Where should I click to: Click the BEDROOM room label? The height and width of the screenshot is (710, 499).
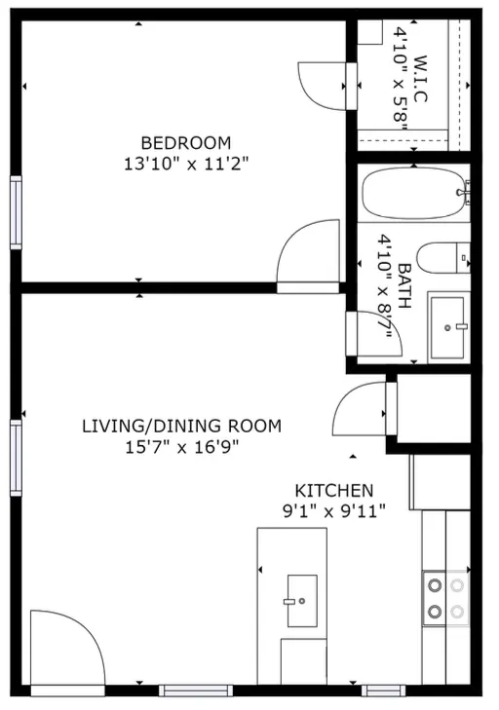coord(186,143)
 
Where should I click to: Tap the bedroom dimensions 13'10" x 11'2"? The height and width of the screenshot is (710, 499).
coord(187,164)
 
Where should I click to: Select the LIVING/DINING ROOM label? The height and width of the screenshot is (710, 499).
coord(181,426)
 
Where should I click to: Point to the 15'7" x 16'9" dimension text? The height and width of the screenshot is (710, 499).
coord(181,448)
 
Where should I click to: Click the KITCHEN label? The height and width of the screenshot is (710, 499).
coord(334,491)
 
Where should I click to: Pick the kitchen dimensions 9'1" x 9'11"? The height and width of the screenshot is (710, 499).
coord(334,511)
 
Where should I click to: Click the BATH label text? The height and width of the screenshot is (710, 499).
coord(404,285)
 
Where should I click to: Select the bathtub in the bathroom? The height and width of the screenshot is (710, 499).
coord(414,193)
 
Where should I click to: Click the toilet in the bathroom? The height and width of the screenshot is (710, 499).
coord(442,258)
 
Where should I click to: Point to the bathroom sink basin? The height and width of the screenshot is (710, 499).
coord(447,327)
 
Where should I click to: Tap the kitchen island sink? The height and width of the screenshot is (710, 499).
coord(302,601)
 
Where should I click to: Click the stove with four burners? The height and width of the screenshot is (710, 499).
coord(446,598)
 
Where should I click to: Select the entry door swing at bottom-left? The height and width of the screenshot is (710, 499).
coord(68,648)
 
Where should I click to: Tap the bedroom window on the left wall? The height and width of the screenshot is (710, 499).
coord(16,212)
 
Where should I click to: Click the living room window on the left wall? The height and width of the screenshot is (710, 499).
coord(16,458)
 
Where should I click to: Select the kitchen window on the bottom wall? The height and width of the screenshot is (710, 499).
coord(383,691)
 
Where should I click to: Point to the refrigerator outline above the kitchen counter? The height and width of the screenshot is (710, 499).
coord(441,482)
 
